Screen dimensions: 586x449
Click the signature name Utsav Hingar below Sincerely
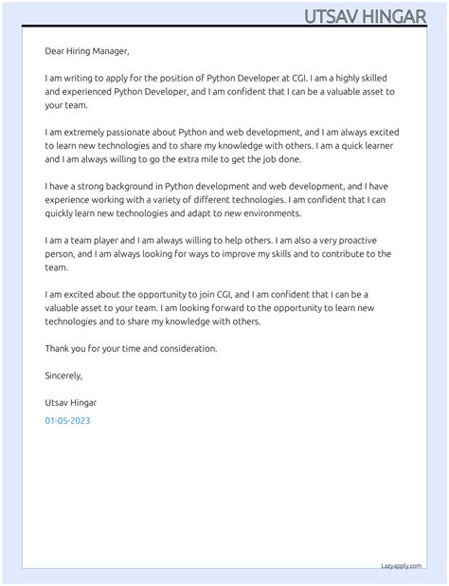70,403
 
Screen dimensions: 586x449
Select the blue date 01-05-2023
68,420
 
